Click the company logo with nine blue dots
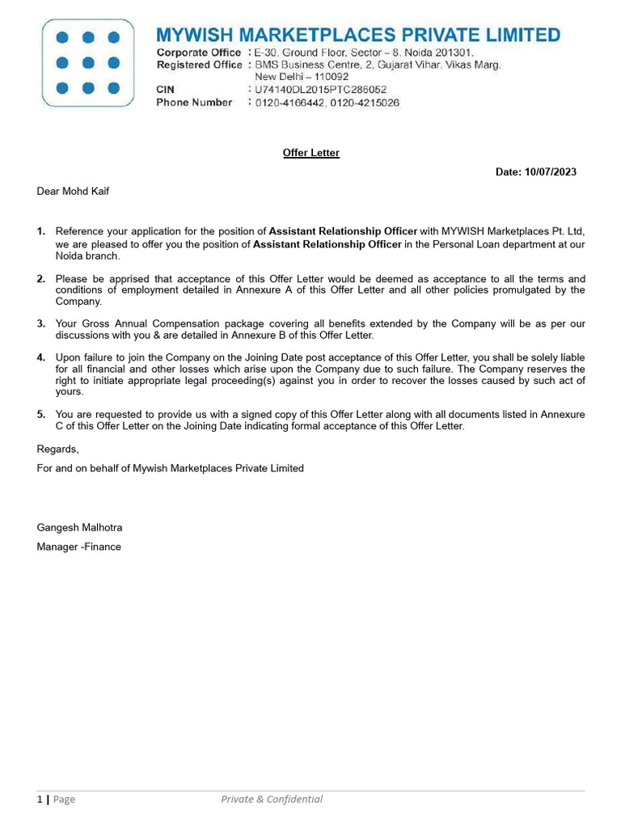89,62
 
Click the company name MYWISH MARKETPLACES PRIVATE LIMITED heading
357,35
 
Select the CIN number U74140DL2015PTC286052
321,90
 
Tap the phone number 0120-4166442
288,103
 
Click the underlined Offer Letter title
311,153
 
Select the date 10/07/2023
551,172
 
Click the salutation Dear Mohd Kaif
73,192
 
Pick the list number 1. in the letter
41,231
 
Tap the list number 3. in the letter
41,323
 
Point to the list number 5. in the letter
41,415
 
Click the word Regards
57,449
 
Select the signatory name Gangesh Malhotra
79,527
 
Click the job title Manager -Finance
78,547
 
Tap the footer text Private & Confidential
272,799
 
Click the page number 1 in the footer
40,799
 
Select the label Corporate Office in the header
199,53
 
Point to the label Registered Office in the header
199,65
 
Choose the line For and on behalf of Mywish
170,468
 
